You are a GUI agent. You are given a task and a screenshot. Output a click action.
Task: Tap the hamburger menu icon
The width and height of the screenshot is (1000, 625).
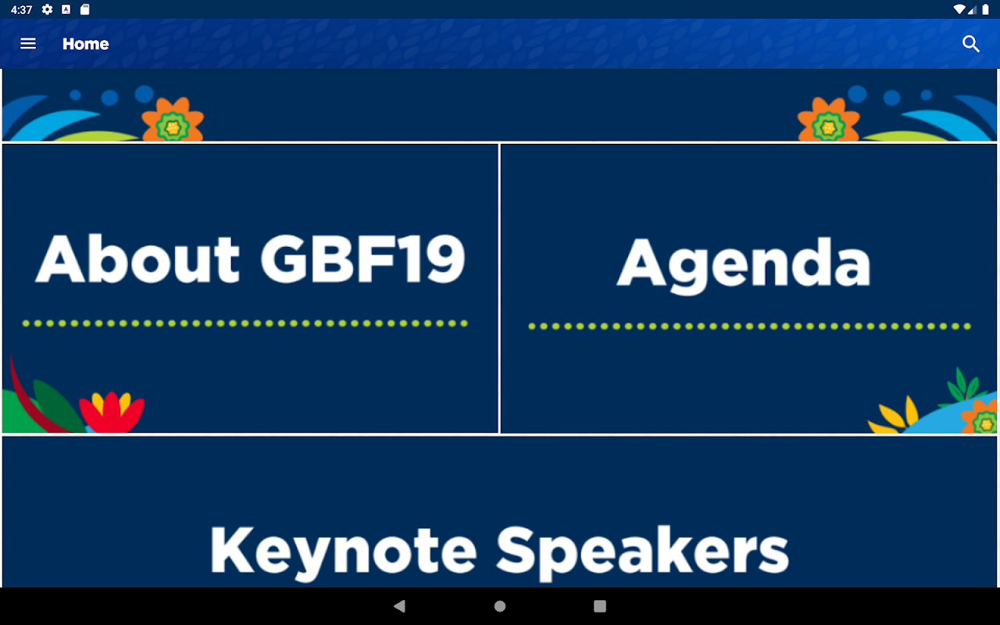coord(28,44)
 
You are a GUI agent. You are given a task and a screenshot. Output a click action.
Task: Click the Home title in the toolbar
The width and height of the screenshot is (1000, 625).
coord(86,44)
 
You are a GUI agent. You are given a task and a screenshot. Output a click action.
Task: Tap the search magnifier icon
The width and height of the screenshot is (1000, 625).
coord(970,44)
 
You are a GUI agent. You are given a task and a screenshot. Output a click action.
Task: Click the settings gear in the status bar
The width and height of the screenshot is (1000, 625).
coord(47,9)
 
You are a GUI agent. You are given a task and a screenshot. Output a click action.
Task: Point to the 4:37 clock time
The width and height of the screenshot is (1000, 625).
coord(21,10)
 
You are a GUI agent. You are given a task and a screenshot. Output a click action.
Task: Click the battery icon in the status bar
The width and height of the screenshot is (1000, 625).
coord(985,9)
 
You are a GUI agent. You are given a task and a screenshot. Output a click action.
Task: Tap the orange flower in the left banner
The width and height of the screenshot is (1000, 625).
coord(173,120)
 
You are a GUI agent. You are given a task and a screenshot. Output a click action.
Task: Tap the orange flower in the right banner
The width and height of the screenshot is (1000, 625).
coord(828,120)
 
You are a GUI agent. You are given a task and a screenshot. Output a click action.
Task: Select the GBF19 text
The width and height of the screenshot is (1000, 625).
coord(363,259)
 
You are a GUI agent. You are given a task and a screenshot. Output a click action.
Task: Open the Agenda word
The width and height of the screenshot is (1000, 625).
coord(744,264)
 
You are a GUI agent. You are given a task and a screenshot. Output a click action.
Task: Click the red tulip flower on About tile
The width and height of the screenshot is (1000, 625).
coord(112,412)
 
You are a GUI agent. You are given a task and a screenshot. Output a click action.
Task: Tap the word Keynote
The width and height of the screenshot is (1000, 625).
coord(343,552)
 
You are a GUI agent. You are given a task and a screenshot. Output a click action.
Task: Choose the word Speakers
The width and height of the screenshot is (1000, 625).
coord(642,552)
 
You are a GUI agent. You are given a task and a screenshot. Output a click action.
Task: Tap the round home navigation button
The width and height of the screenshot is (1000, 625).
coord(500,605)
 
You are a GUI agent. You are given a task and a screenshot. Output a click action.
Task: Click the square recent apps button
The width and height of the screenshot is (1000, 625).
coord(600,605)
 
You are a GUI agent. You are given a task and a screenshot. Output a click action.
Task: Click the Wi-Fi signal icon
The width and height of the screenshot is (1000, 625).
coord(959,9)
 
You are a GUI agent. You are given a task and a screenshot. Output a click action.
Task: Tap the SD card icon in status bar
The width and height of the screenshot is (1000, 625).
coord(85,9)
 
